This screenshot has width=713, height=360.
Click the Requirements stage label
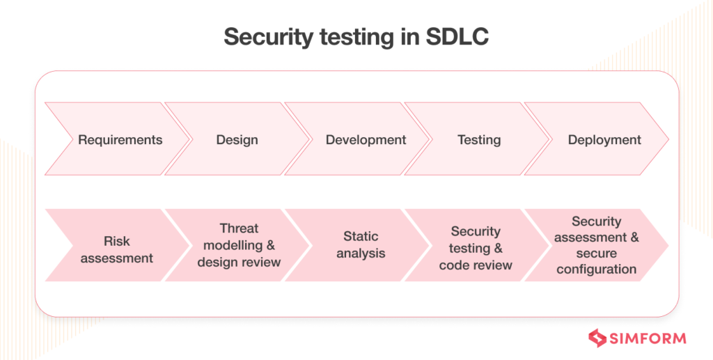pyautogui.click(x=120, y=140)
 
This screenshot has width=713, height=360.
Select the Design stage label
pyautogui.click(x=237, y=140)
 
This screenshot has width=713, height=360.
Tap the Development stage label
pyautogui.click(x=366, y=140)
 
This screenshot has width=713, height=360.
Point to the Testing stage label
pyautogui.click(x=479, y=140)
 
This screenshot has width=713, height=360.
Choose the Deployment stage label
pyautogui.click(x=604, y=140)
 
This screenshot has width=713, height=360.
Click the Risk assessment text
pyautogui.click(x=117, y=250)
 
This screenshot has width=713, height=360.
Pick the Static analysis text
pyautogui.click(x=361, y=244)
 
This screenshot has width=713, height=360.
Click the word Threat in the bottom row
pyautogui.click(x=239, y=228)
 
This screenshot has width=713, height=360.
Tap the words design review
pyautogui.click(x=239, y=263)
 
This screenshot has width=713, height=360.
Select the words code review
pyautogui.click(x=476, y=265)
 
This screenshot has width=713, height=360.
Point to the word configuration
pyautogui.click(x=596, y=269)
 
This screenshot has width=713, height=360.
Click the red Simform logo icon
pyautogui.click(x=598, y=338)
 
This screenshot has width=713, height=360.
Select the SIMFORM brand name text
pyautogui.click(x=648, y=338)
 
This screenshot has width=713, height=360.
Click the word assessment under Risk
pyautogui.click(x=117, y=258)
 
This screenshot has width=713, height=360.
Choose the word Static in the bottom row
pyautogui.click(x=361, y=236)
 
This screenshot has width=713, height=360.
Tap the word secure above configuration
pyautogui.click(x=597, y=253)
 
